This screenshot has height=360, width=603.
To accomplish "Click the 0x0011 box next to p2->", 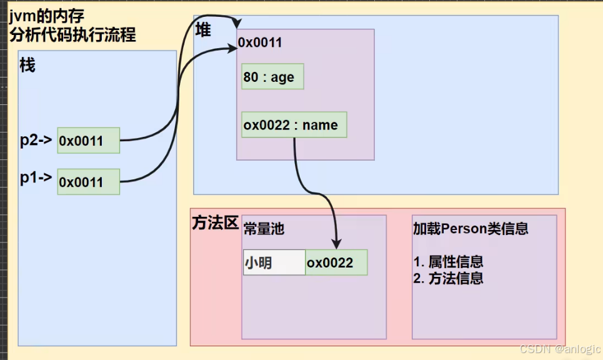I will coord(88,141).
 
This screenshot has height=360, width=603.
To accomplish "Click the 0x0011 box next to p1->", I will coord(88,182).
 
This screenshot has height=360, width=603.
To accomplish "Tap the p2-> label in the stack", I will coord(36,140).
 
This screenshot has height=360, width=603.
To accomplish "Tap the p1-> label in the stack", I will coord(36,178).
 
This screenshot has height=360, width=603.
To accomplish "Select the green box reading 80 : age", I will coord(272,77).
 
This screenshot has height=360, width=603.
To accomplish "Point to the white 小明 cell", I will coord(274,263).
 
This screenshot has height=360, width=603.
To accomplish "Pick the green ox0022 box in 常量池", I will coord(336,263).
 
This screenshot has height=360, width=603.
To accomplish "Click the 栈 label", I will coord(28,65).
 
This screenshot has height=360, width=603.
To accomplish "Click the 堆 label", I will coord(203,30).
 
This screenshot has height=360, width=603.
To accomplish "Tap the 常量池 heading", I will coord(264,229).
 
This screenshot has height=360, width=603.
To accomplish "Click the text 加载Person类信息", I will coord(471,228).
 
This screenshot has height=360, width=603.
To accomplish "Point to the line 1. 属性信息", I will coord(448,262).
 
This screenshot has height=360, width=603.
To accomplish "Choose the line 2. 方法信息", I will coord(448,279).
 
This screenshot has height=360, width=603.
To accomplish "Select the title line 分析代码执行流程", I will coord(72,34).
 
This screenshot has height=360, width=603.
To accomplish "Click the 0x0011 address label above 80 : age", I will coord(260,42).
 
